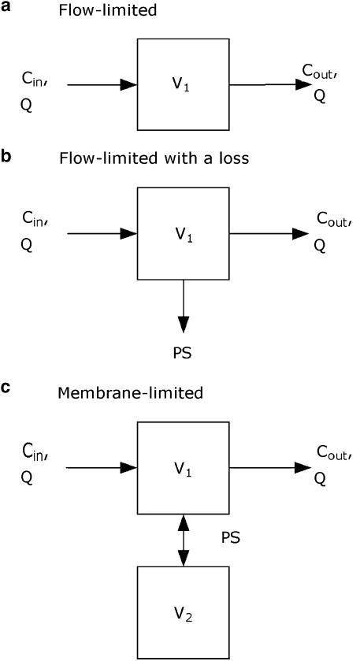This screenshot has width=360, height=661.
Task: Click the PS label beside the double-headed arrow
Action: tap(230, 540)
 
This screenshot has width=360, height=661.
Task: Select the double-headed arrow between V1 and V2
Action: tap(184, 540)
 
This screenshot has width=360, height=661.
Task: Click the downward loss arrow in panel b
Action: tap(184, 307)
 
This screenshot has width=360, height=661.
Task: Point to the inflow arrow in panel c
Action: tap(102, 467)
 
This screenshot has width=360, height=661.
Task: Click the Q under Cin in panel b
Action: tap(26, 245)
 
